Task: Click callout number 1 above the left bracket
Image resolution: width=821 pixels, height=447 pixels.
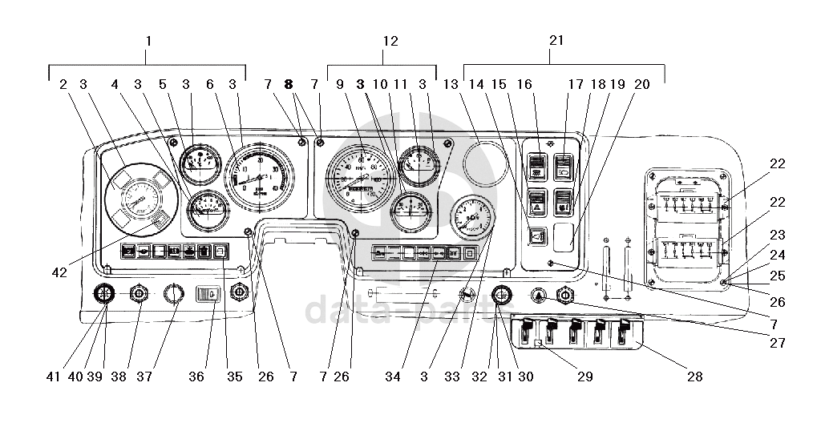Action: (x=148, y=40)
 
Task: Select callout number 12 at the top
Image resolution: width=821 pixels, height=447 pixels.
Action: (x=390, y=40)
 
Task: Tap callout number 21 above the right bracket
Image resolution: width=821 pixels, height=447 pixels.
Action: (x=557, y=40)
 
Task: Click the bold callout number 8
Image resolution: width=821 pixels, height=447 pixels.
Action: (x=289, y=83)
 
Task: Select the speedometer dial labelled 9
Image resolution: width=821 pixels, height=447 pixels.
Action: (x=363, y=177)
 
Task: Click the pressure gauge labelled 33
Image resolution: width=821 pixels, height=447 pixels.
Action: (x=473, y=220)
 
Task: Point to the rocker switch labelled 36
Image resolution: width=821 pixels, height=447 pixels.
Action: (x=208, y=294)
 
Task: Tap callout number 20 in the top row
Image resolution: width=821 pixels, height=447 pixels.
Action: (x=641, y=83)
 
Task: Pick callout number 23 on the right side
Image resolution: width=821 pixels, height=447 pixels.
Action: (x=776, y=236)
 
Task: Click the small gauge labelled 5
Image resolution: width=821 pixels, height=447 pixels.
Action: (x=196, y=165)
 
